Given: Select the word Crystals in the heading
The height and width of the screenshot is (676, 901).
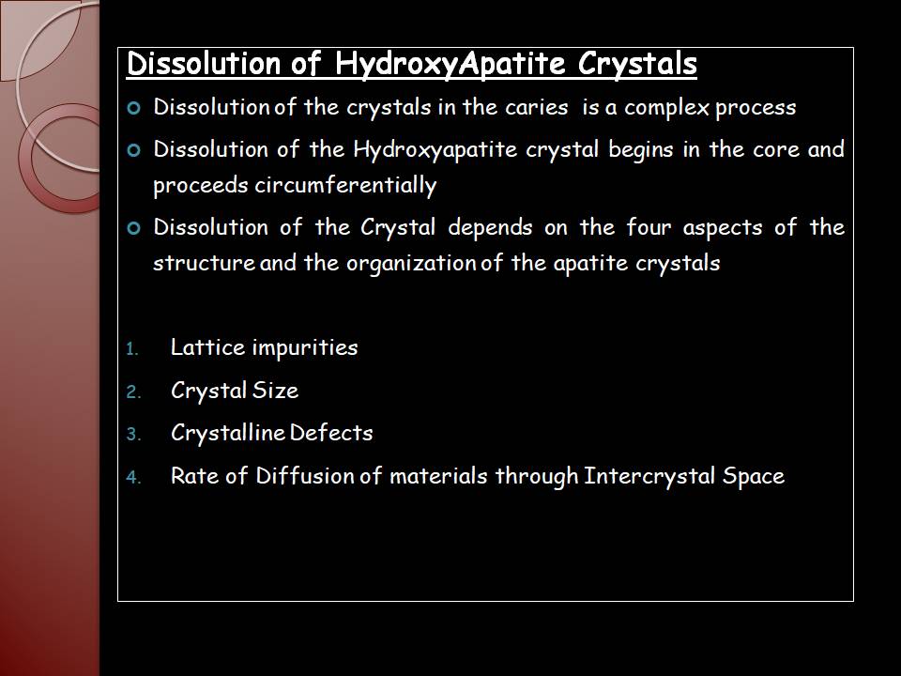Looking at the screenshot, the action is (637, 64).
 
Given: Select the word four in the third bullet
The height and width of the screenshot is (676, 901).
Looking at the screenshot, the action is (649, 227).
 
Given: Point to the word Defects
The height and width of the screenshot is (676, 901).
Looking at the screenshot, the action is (331, 433).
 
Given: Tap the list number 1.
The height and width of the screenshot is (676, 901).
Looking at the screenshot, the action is (132, 349).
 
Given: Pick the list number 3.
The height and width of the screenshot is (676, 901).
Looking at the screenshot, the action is (133, 434).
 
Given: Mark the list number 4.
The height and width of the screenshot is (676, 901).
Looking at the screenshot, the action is (133, 477).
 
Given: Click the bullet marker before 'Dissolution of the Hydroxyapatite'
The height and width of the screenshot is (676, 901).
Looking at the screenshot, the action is (134, 150).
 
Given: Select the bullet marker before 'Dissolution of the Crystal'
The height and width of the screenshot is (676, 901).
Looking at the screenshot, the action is (134, 228).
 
